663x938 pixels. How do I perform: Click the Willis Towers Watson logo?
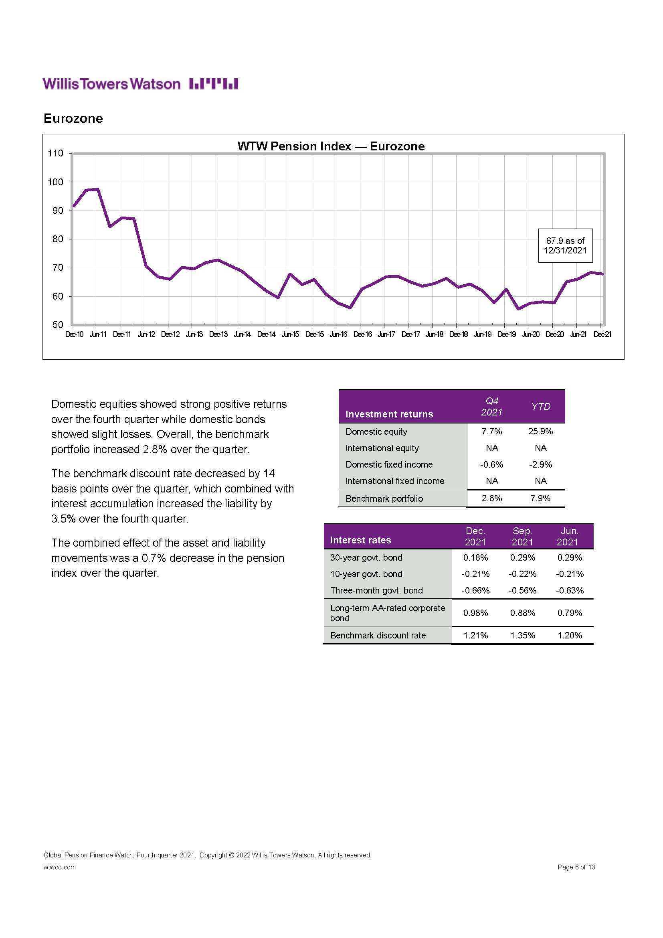point(140,84)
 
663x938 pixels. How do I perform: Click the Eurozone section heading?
point(73,118)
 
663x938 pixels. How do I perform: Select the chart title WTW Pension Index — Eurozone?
point(331,146)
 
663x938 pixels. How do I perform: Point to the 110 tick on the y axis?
point(56,154)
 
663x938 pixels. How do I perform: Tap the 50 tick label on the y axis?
point(58,325)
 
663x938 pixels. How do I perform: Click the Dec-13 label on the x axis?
point(218,334)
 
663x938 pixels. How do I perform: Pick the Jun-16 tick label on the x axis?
point(338,334)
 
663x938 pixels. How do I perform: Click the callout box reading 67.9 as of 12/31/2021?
point(565,245)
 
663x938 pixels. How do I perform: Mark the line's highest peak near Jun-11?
point(97,189)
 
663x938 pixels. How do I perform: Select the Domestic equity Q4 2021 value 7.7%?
point(491,432)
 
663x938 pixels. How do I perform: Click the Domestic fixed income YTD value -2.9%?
point(540,464)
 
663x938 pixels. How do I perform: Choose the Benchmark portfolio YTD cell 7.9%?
point(540,498)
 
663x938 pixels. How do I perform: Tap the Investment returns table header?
point(389,414)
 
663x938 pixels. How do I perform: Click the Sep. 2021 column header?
point(522,537)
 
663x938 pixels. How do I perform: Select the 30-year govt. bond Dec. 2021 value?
point(475,558)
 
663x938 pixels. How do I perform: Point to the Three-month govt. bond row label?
point(376,590)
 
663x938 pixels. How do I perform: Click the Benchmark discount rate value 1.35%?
point(522,635)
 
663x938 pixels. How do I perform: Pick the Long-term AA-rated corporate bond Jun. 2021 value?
point(570,613)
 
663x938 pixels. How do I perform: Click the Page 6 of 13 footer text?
point(576,867)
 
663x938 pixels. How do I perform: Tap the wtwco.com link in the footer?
point(60,867)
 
